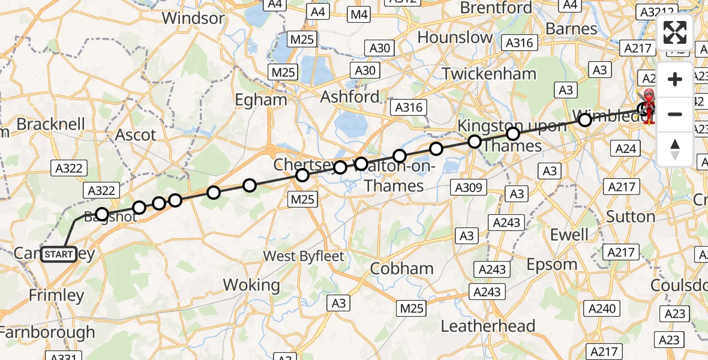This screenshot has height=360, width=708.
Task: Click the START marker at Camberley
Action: [x=59, y=254]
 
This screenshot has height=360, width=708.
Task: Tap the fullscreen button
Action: [x=675, y=32]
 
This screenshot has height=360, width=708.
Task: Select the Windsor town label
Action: [x=193, y=18]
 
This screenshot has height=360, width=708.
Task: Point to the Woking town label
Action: [x=251, y=285]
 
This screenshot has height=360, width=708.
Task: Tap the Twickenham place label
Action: [x=489, y=74]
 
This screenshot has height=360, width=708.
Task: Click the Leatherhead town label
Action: [x=488, y=326]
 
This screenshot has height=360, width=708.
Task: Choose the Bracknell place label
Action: [x=51, y=124]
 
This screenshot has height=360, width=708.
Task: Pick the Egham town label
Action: [x=261, y=100]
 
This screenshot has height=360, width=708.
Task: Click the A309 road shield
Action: [x=469, y=188]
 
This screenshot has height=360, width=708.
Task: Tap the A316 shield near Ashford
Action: [x=409, y=108]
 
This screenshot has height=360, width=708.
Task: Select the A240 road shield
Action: [x=602, y=308]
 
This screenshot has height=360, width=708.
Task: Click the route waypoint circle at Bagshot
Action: [x=102, y=214]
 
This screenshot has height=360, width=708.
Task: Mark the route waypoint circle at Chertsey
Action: [x=302, y=175]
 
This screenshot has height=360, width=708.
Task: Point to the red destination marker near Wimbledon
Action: [x=649, y=106]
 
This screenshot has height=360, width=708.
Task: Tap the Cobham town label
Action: [x=401, y=268]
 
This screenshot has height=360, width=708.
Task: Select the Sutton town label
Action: [x=630, y=216]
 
